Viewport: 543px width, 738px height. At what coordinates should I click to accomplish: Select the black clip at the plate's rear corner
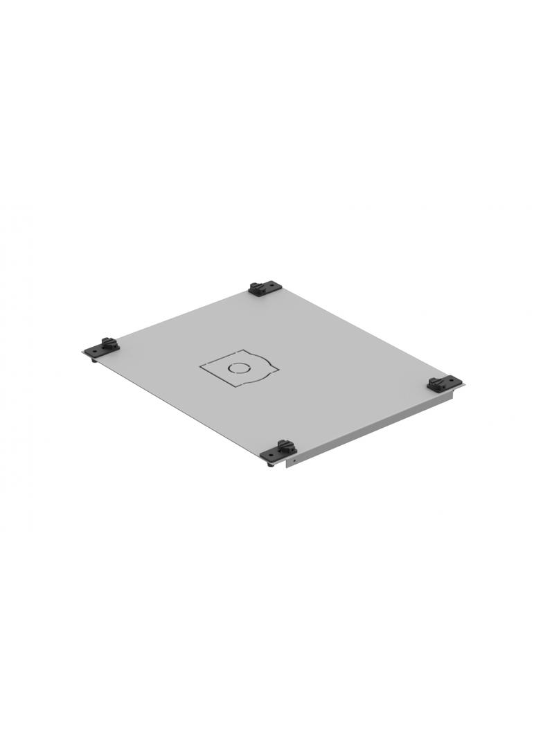click(265, 287)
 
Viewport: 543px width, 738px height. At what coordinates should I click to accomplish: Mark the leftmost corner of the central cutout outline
click(201, 365)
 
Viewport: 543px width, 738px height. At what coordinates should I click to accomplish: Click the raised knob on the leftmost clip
click(107, 341)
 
